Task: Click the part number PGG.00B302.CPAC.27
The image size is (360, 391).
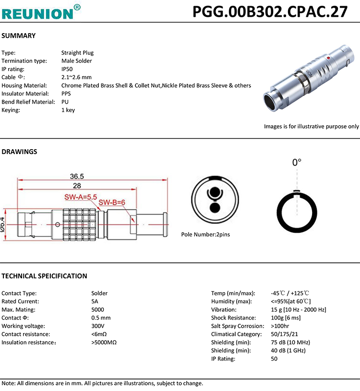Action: pos(270,11)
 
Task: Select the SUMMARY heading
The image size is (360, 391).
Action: pos(19,36)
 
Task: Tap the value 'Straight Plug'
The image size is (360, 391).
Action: pos(77,53)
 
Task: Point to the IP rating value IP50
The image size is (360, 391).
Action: pos(67,69)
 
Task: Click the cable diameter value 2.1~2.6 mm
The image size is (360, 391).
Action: pos(76,77)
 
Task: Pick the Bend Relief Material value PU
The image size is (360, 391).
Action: pos(65,102)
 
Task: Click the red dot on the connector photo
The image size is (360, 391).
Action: pos(327,58)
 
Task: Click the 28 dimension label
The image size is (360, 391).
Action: pos(77,185)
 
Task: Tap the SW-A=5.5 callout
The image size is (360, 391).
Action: pos(81,197)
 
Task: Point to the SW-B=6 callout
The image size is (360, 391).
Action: pos(112,202)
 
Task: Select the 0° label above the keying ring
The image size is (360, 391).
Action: pos(297,163)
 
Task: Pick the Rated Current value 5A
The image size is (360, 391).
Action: pos(95,301)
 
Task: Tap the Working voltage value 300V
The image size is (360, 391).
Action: pos(97,326)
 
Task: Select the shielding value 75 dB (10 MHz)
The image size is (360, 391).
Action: pos(290,342)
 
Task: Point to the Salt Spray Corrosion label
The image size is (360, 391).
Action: pos(235,326)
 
